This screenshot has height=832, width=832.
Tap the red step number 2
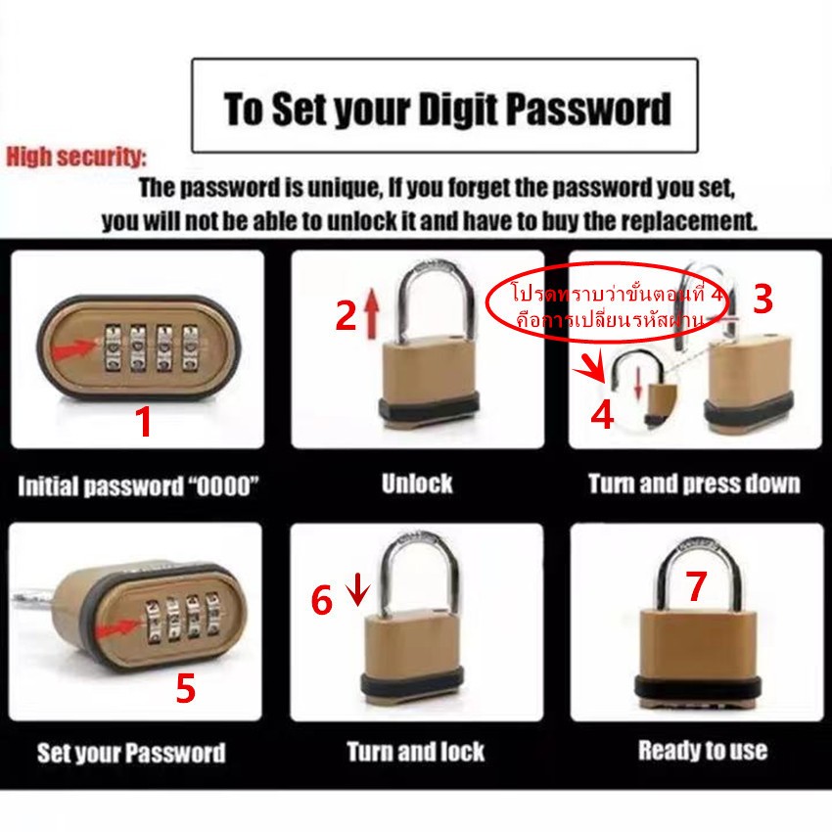tap(346, 316)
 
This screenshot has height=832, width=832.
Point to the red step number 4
tap(602, 414)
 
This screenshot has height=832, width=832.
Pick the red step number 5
tap(186, 689)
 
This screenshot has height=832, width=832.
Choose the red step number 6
tap(322, 600)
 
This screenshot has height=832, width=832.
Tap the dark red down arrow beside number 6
tap(359, 589)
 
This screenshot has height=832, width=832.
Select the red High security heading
tap(76, 157)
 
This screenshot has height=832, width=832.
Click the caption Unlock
tap(417, 484)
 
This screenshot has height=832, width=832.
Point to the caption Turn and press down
tap(694, 484)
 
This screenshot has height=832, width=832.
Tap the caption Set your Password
tap(131, 753)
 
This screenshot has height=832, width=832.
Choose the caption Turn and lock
tap(416, 752)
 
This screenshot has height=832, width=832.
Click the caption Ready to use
tap(703, 751)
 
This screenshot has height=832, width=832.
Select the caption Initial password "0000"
tap(138, 486)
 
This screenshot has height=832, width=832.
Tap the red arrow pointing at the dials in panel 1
tap(74, 349)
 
